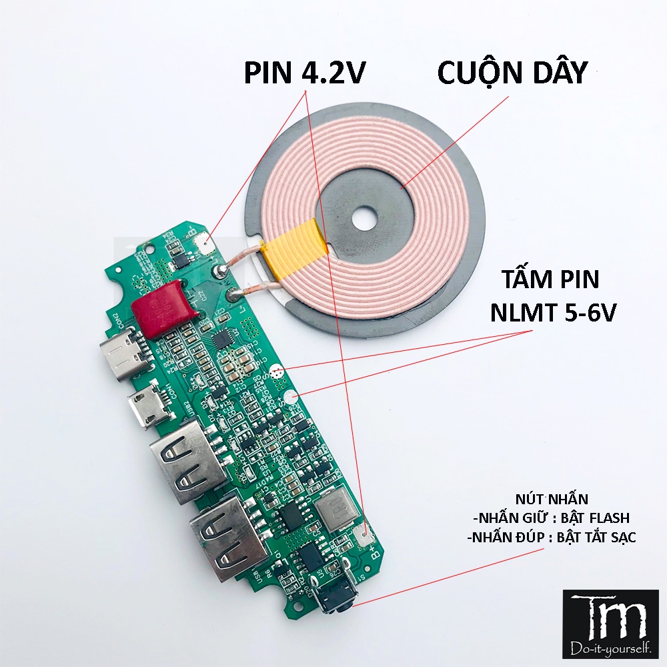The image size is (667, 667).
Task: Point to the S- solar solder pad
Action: tap(279, 371)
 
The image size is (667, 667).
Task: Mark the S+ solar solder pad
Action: tap(291, 398)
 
